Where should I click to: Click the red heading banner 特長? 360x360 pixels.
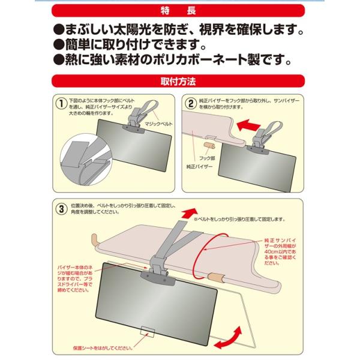pos(180,11)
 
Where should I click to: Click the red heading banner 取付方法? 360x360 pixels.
pos(180,79)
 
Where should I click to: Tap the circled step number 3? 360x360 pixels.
pos(61,210)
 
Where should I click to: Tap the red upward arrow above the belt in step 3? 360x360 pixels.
pos(190,213)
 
